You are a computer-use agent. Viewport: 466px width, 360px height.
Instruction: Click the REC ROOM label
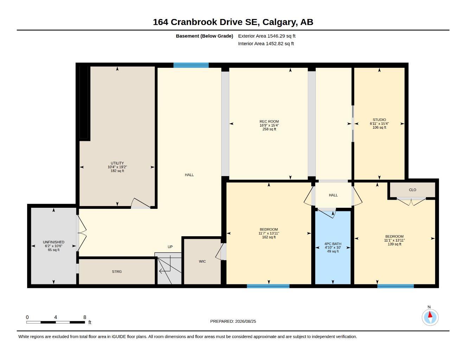[269, 122]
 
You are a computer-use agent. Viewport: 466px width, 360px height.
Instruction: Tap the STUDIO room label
[379, 120]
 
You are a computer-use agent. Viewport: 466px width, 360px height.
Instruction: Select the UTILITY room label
[117, 163]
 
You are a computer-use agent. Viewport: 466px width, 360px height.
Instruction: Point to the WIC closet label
[202, 262]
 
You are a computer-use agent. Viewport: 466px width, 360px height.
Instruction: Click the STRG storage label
[117, 271]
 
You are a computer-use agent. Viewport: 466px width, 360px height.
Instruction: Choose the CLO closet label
[413, 190]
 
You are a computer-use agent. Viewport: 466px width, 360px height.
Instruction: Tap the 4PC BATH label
[333, 244]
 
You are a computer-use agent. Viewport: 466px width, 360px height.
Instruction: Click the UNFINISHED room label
[53, 242]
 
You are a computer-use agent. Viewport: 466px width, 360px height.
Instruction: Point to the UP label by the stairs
[170, 247]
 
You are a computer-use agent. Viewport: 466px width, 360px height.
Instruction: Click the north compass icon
[430, 317]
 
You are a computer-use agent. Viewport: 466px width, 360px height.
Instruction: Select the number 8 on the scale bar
[85, 317]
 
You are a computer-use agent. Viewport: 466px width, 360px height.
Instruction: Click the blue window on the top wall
[191, 65]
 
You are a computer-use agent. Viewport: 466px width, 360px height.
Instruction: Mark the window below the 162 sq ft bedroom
[268, 286]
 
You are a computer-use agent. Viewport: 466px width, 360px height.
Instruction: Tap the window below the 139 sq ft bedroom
[395, 286]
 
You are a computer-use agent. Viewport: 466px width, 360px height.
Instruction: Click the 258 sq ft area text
[269, 129]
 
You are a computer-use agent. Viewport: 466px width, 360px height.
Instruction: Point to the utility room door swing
[140, 203]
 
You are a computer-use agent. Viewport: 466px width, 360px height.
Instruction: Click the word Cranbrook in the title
[194, 22]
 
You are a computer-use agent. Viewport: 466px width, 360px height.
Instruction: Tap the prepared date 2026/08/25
[245, 321]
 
